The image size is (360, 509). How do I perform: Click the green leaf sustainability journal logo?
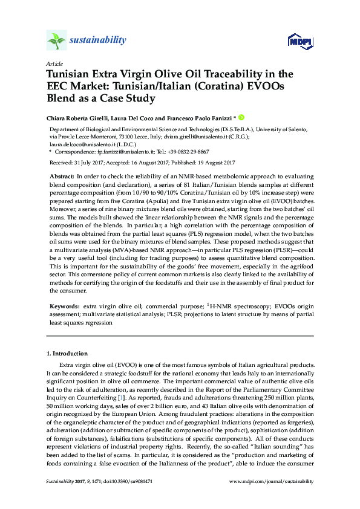[56, 41]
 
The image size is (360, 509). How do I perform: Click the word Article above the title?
[53, 63]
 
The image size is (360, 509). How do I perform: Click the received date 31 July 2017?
[91, 163]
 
